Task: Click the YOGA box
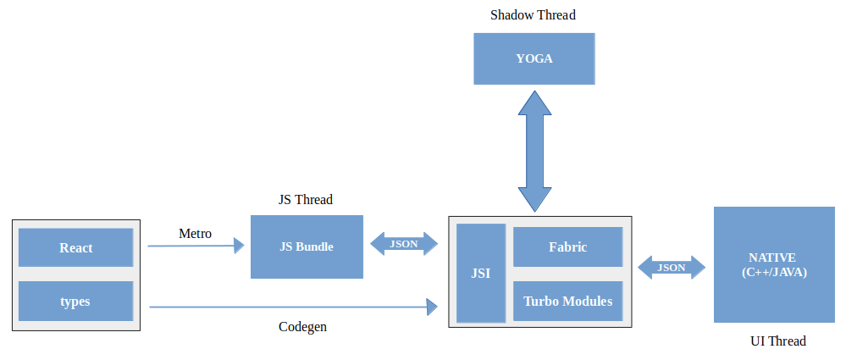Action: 534,58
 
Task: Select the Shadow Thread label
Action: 534,15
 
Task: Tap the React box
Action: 76,248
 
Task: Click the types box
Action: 76,301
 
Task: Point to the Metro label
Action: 195,233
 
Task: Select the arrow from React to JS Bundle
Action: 196,246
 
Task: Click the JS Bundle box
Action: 307,246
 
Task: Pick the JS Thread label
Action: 306,200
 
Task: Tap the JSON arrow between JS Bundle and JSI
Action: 405,244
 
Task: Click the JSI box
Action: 480,273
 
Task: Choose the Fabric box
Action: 567,247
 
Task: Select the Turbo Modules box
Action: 567,301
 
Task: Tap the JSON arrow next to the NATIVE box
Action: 672,268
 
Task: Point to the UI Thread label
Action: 777,341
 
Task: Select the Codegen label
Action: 302,327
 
